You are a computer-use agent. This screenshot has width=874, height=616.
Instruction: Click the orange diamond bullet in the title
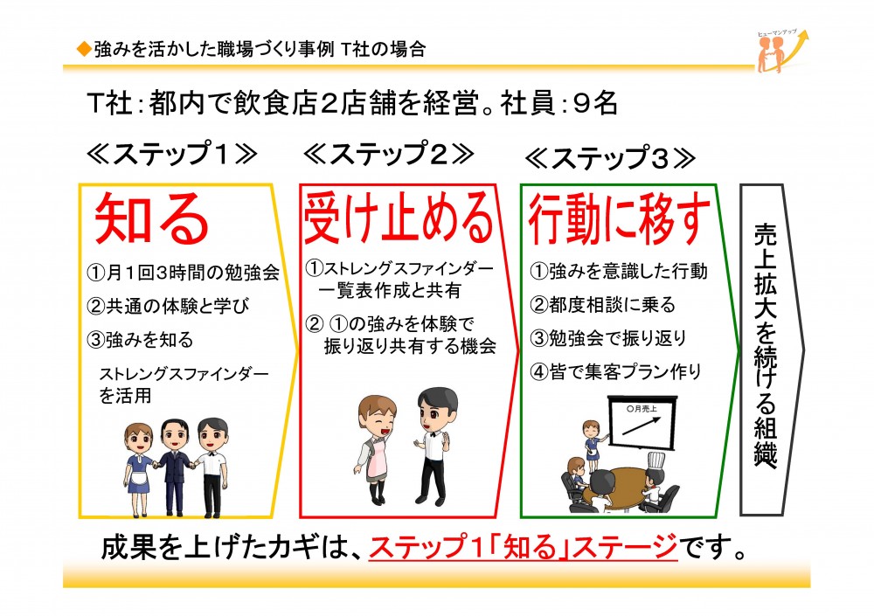[84, 50]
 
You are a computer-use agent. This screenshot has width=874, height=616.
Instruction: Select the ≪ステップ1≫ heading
[172, 153]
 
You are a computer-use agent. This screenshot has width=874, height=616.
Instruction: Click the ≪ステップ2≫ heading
[389, 153]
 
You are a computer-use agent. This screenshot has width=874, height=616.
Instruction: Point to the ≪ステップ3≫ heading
[610, 158]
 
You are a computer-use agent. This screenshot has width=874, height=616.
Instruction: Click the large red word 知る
[151, 218]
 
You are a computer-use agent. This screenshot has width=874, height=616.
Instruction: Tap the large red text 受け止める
[399, 218]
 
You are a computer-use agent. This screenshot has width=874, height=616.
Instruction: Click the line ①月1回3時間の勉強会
[183, 272]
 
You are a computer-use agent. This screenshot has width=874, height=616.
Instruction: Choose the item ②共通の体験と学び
[168, 306]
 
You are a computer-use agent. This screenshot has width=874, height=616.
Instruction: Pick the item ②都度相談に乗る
[602, 304]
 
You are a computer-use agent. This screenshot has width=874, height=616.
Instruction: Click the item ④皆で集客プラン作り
[615, 371]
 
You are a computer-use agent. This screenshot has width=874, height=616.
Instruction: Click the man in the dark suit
[175, 467]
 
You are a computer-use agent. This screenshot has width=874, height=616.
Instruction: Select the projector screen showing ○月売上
[642, 421]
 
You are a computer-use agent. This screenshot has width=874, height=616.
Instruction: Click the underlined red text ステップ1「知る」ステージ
[523, 546]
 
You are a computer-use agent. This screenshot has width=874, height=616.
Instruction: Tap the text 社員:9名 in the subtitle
[558, 103]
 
